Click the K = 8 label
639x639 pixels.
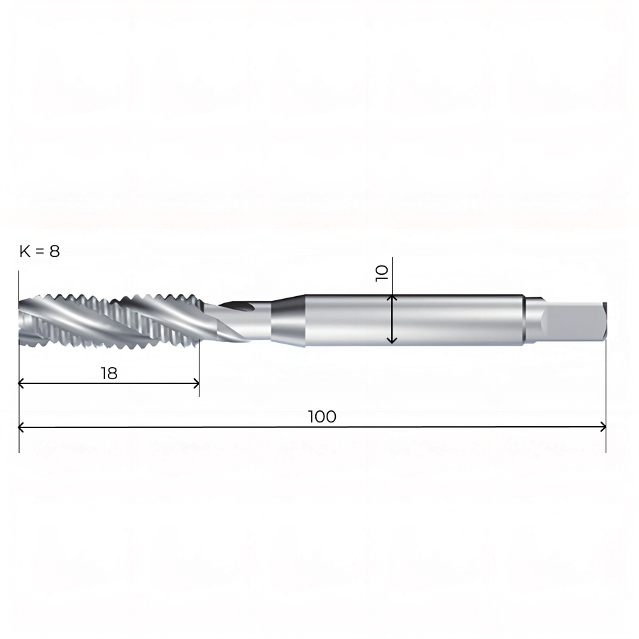pos(40,251)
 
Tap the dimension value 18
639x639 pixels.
pos(109,373)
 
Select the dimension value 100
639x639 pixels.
pos(322,417)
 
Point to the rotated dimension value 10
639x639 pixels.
pos(382,273)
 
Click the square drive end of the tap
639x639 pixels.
pos(574,321)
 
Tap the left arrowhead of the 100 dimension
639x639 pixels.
pos(21,427)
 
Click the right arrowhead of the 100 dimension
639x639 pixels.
pos(603,427)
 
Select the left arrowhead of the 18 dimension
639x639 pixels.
pos(21,383)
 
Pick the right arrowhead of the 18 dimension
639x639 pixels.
pos(197,383)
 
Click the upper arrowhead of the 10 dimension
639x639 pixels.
pos(392,298)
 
